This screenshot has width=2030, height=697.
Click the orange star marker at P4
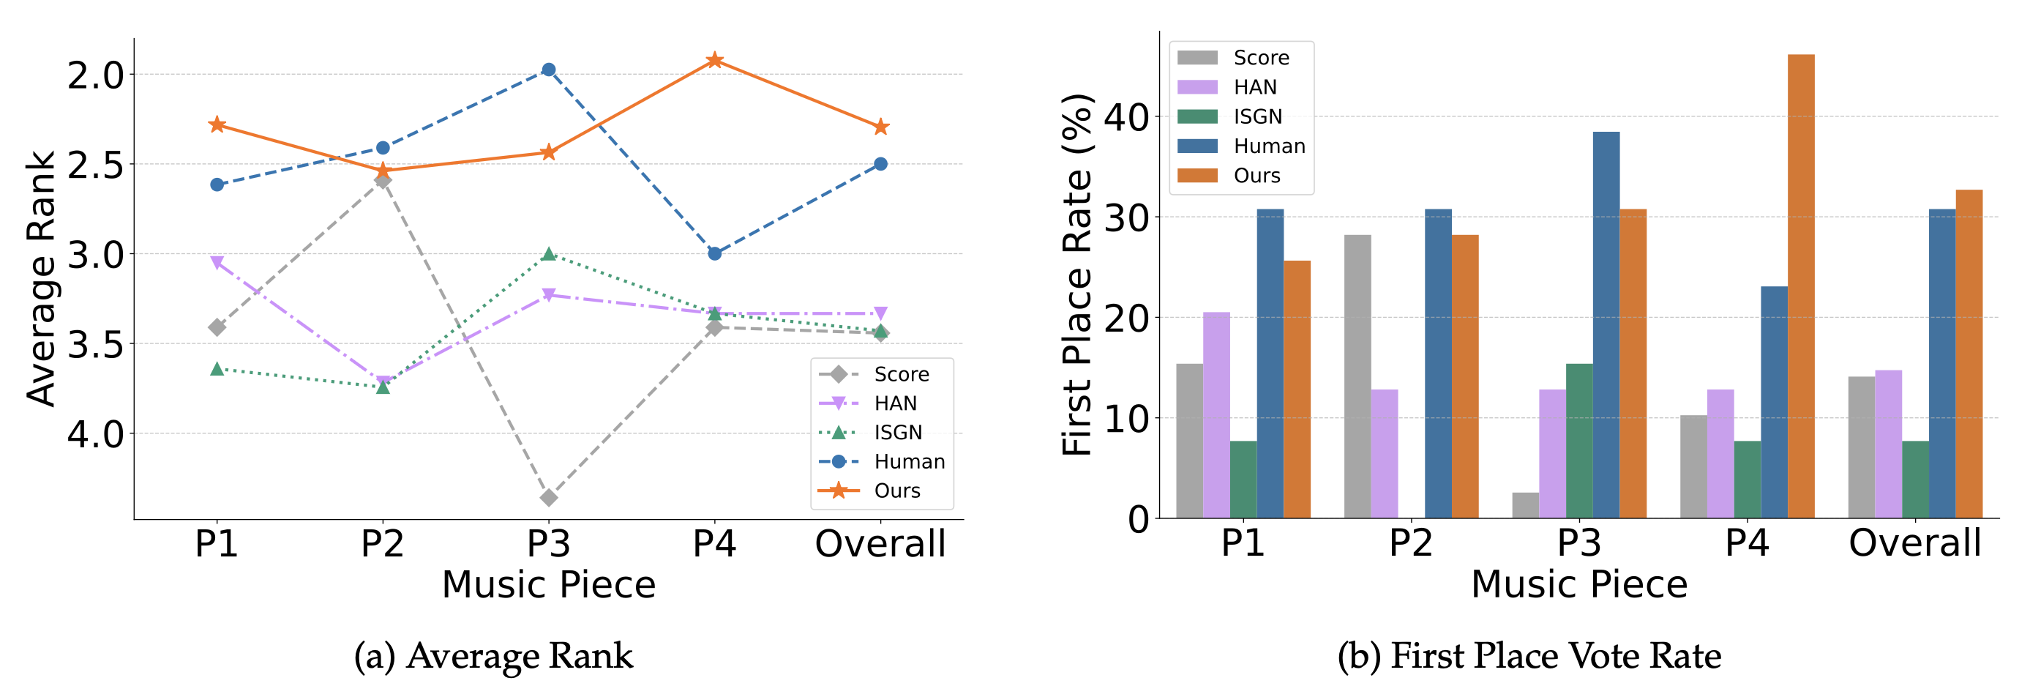tap(714, 60)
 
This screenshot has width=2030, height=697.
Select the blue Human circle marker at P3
tap(548, 70)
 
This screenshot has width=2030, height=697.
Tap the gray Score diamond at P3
tap(548, 498)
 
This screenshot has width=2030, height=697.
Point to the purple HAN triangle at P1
tap(217, 263)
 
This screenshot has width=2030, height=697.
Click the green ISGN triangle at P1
tap(217, 368)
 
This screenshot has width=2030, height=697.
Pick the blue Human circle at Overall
tap(880, 164)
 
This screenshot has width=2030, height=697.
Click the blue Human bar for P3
tap(1606, 324)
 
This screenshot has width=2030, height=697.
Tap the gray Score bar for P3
tap(1526, 505)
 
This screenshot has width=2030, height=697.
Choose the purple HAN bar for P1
tap(1216, 414)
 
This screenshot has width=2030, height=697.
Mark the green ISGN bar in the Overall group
tap(1915, 480)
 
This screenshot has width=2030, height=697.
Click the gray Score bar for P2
tap(1357, 376)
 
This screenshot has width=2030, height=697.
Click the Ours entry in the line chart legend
tap(896, 491)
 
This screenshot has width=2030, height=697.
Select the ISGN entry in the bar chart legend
tap(1257, 116)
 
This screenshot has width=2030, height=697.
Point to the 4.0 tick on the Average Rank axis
tap(95, 433)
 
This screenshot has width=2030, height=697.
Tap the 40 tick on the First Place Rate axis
tap(1126, 116)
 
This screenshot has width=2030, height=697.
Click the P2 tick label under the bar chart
tap(1410, 543)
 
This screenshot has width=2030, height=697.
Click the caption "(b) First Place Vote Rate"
tap(1528, 656)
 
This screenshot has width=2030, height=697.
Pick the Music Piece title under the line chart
tap(548, 584)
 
